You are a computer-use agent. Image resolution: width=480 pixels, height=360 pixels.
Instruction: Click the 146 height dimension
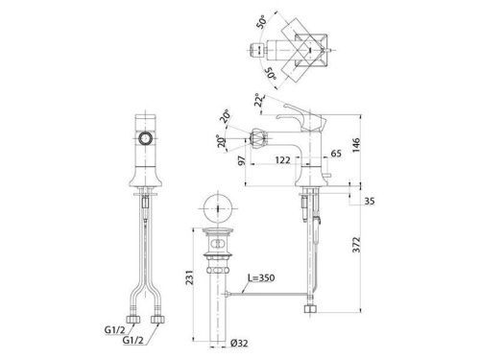click(356, 145)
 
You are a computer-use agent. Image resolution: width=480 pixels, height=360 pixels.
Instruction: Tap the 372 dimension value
click(356, 245)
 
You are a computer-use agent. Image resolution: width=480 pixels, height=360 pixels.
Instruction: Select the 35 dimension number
click(370, 202)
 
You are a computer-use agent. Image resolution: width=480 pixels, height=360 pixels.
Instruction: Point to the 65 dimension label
click(336, 154)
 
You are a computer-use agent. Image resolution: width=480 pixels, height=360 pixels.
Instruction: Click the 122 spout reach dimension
click(283, 159)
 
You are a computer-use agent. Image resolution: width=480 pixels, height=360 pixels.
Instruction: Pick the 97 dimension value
click(243, 160)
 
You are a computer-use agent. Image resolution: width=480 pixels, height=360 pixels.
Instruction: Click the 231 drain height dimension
click(189, 277)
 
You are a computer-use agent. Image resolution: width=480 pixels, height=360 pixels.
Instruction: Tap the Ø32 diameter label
click(239, 344)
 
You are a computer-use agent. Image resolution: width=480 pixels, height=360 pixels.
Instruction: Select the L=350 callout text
click(261, 277)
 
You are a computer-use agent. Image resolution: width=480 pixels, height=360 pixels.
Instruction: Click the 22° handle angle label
click(259, 100)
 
